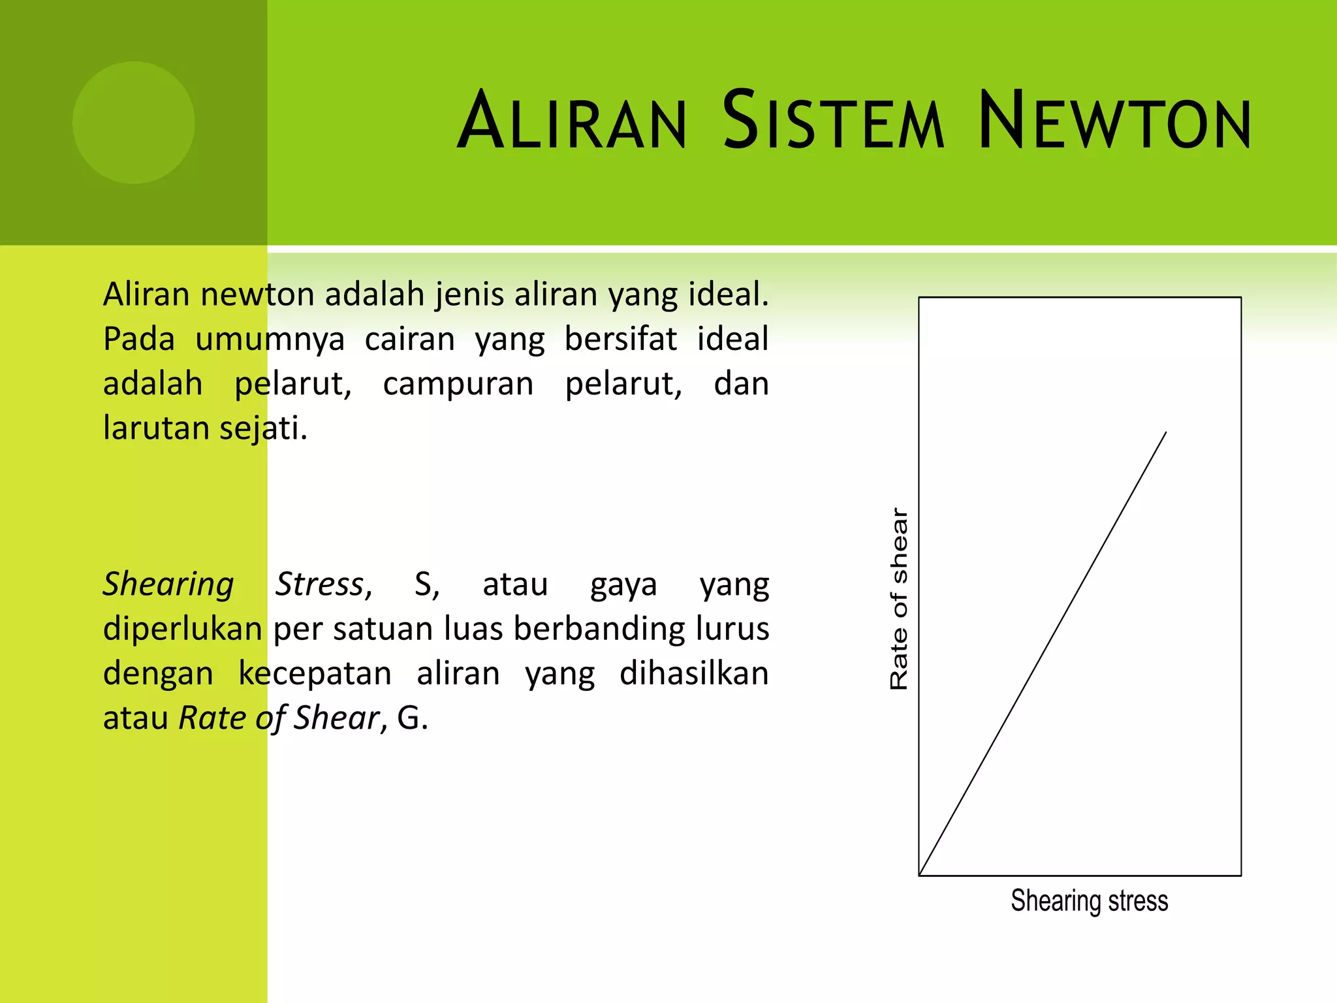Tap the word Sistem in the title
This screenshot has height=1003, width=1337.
[833, 122]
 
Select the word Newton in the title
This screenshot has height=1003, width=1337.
[1114, 122]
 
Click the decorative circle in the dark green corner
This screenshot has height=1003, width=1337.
[133, 123]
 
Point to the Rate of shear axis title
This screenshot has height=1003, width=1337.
[899, 599]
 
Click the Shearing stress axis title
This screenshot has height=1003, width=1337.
[1089, 900]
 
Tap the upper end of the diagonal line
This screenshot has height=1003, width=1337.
[1165, 433]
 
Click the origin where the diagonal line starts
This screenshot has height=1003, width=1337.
[920, 874]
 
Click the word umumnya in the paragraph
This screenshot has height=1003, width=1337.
[270, 340]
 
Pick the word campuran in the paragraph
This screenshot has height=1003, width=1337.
[458, 384]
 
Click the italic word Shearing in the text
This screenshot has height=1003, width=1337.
[168, 584]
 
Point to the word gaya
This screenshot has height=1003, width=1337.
[623, 585]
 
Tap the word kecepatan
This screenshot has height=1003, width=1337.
[315, 674]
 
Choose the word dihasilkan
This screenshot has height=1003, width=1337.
[694, 673]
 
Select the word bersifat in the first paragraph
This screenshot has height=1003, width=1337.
[620, 340]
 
